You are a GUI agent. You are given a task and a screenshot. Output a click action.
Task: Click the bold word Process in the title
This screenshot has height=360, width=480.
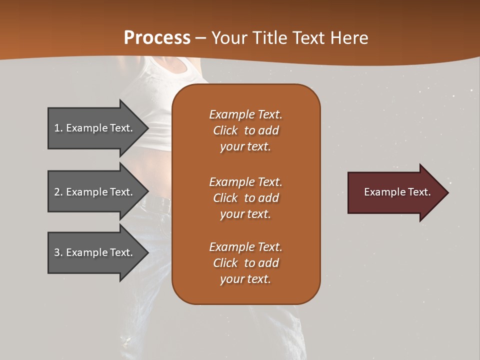(157, 37)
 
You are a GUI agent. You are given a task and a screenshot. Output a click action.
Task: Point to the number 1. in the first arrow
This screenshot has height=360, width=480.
(58, 128)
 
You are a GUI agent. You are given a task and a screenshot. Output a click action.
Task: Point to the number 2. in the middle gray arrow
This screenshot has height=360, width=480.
(58, 192)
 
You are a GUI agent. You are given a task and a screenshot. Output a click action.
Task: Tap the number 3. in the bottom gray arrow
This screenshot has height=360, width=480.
(58, 252)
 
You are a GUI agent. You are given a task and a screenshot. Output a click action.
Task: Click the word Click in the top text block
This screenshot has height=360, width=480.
(225, 130)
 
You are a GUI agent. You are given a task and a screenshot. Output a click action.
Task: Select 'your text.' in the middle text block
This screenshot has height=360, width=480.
(245, 214)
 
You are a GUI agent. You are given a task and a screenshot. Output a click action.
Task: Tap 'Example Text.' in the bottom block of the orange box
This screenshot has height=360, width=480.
(245, 247)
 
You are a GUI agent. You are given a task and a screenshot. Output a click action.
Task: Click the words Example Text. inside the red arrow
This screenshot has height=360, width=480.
(397, 192)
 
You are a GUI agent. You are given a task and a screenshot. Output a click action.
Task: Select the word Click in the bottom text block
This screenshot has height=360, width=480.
(225, 263)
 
